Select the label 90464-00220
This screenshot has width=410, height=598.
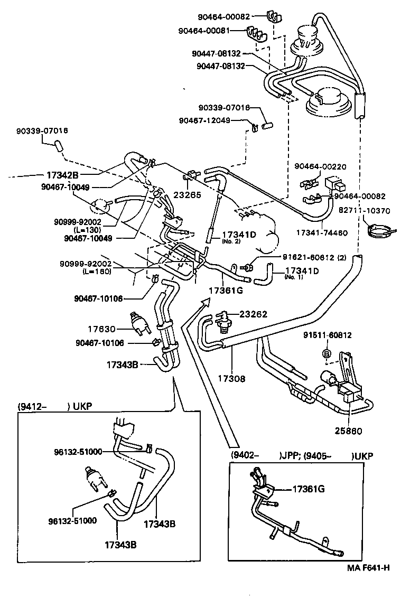click(x=320, y=166)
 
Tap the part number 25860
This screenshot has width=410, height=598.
click(x=349, y=431)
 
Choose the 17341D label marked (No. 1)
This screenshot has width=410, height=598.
click(x=302, y=272)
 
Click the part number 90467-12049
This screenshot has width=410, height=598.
click(x=204, y=120)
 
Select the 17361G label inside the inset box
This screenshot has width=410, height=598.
click(x=309, y=489)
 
